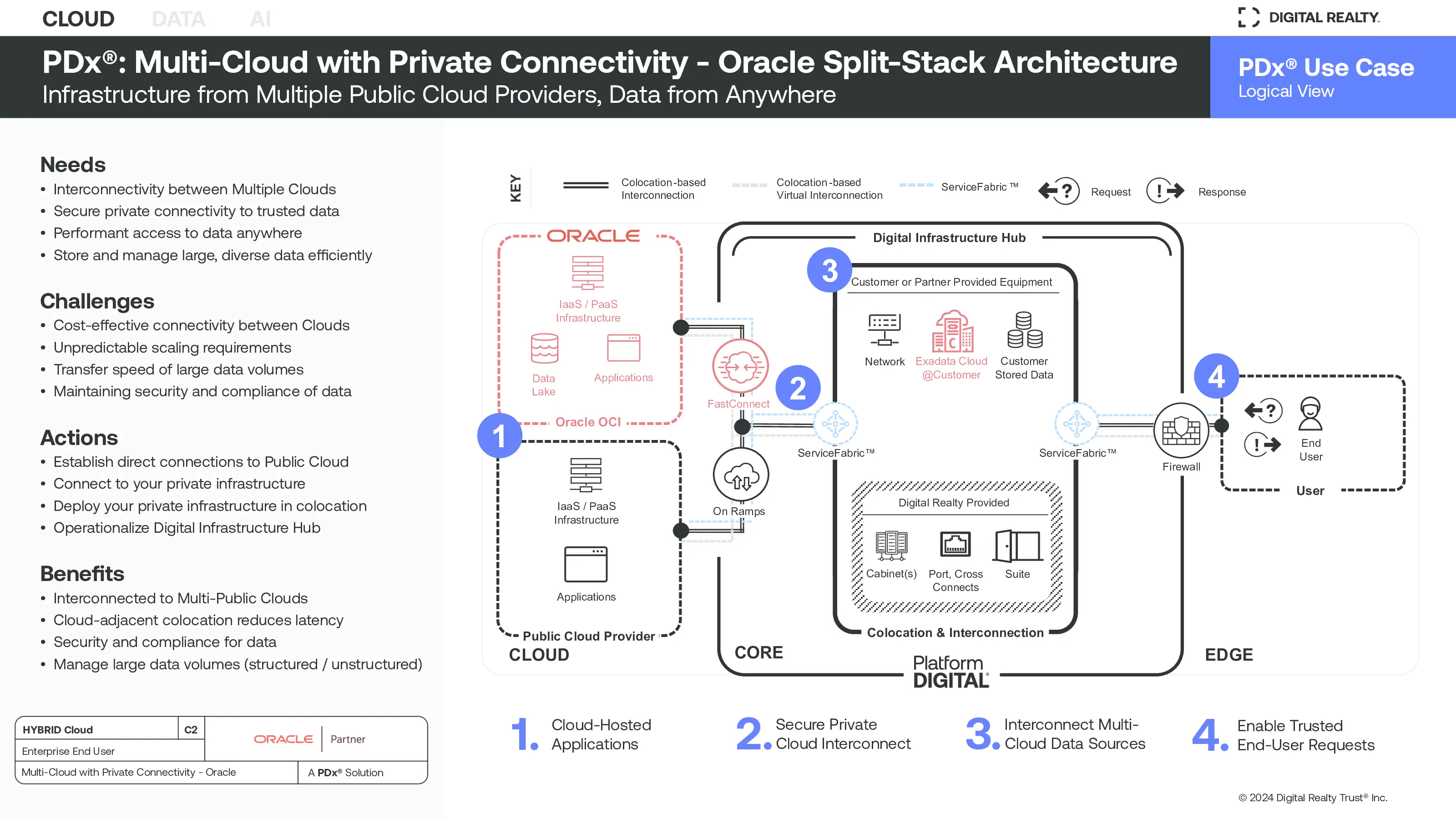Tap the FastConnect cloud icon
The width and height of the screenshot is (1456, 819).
click(x=740, y=367)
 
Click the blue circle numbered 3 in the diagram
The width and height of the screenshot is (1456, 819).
click(x=829, y=270)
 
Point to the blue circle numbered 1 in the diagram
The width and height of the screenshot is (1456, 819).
click(x=499, y=436)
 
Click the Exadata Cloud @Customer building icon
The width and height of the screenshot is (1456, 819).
click(x=952, y=331)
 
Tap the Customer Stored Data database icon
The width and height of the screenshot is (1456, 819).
click(x=1025, y=330)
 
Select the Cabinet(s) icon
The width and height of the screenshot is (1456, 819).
click(x=891, y=546)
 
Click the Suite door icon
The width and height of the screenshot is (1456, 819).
click(x=1017, y=546)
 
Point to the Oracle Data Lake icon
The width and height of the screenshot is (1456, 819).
click(x=544, y=348)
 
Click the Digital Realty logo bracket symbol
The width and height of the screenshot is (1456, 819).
click(x=1248, y=18)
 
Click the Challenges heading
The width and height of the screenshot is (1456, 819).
click(x=97, y=301)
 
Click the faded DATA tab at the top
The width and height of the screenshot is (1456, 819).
click(x=179, y=19)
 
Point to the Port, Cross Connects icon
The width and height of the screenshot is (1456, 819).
click(x=955, y=544)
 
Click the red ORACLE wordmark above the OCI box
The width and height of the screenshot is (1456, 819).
click(x=593, y=236)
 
